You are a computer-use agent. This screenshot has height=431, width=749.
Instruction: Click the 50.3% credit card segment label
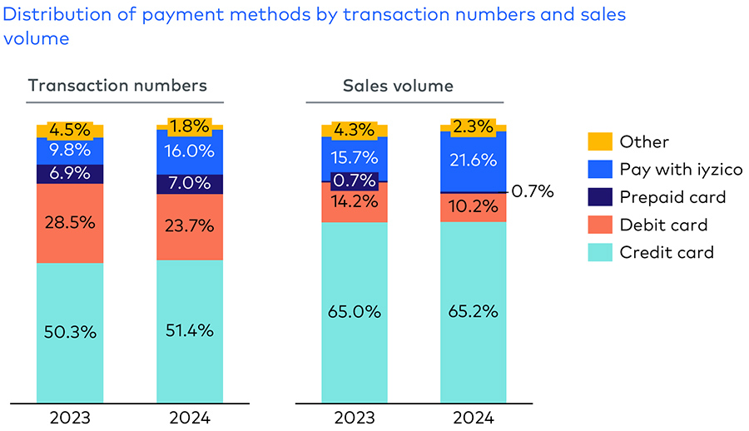point(70,331)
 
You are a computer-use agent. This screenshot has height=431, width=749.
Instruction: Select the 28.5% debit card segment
point(70,223)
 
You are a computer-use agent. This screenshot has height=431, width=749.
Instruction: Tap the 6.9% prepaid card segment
point(70,174)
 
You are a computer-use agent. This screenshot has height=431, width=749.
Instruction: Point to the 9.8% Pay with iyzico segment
point(70,151)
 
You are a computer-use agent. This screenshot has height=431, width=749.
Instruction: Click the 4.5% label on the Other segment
point(70,130)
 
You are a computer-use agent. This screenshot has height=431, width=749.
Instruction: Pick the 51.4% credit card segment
point(190,330)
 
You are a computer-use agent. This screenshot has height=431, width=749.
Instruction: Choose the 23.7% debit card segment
point(190,225)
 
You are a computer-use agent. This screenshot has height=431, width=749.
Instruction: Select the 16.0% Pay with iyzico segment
point(190,151)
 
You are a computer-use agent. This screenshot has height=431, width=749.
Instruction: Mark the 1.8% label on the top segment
point(190,126)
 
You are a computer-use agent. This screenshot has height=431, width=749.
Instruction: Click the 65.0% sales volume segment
point(355,312)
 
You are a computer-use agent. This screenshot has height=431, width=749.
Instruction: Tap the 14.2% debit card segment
point(355,202)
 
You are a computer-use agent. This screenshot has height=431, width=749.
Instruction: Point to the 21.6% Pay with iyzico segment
point(473,161)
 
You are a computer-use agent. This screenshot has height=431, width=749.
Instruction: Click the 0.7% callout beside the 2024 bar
point(533,191)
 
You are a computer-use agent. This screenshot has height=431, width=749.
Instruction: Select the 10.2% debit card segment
point(473,207)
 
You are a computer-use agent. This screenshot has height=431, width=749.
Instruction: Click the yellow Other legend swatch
point(599,142)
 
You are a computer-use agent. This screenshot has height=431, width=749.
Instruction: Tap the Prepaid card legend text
point(672,197)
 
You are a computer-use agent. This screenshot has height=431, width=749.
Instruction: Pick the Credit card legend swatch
point(599,252)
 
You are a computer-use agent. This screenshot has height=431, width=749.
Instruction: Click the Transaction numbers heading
point(117,86)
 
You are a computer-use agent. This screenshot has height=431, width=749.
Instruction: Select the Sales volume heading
point(398,86)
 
